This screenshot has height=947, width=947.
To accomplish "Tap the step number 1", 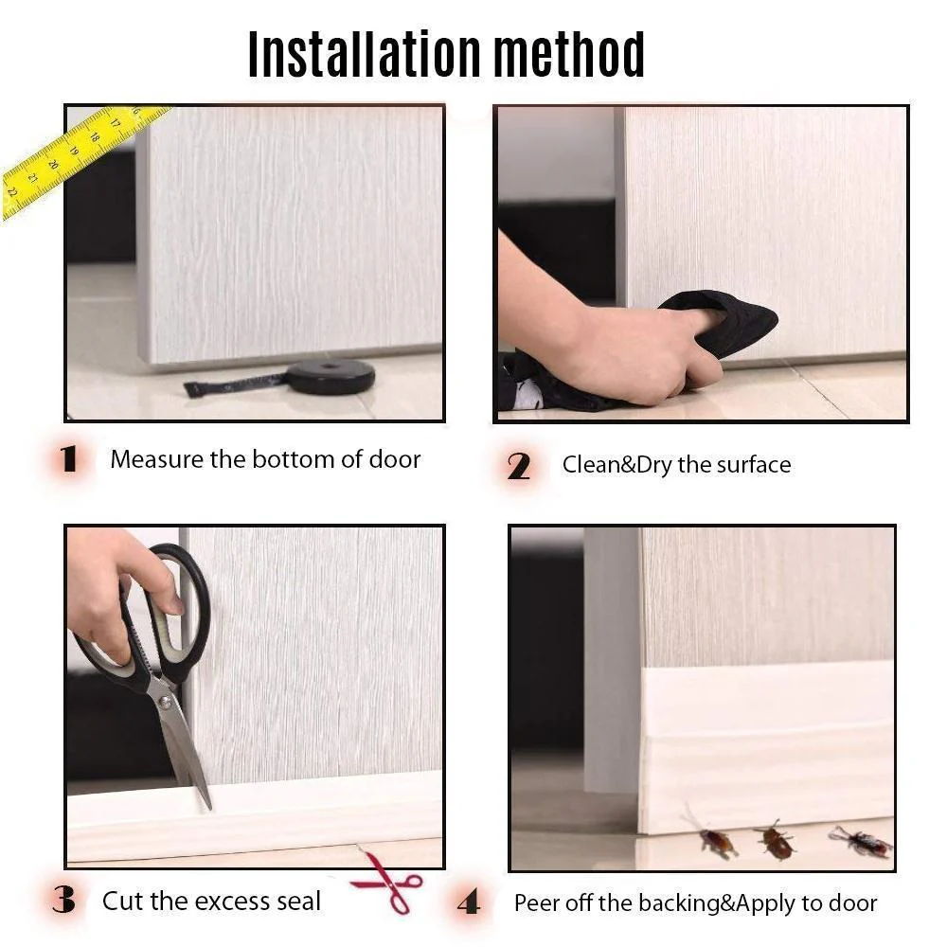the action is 68,459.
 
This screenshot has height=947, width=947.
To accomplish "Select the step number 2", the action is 518,466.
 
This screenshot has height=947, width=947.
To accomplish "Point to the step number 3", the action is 64,900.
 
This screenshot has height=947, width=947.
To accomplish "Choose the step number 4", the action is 469,902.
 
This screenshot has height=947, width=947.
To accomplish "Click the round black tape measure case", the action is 330,376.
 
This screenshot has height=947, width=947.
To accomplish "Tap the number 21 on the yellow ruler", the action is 32,179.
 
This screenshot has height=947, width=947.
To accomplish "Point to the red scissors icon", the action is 387,881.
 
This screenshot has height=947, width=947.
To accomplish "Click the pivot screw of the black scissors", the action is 164,701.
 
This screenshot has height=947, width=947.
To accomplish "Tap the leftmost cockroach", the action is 713,837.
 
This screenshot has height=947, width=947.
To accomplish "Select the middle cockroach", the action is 775,839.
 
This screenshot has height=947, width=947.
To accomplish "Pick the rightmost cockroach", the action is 861,841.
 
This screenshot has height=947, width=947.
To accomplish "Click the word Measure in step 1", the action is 157,459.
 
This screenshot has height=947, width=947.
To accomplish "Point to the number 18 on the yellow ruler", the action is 94,137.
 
